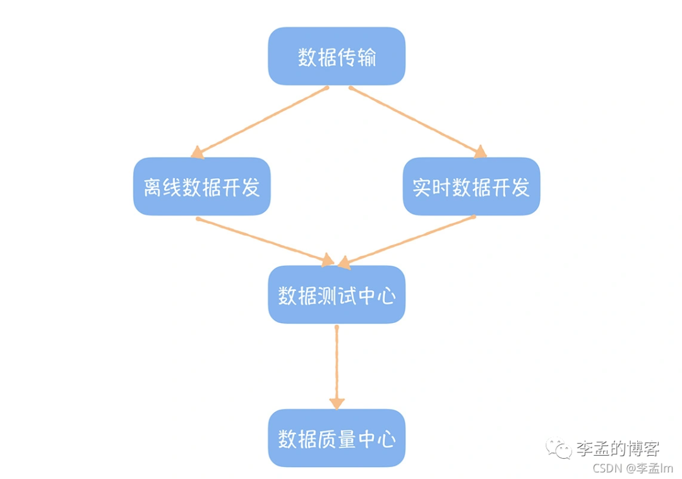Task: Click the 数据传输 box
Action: (337, 57)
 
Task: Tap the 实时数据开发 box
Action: (471, 187)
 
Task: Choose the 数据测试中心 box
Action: (337, 295)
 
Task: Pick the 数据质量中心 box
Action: (337, 439)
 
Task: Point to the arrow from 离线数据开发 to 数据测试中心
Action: (265, 240)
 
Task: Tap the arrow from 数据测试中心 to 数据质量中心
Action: (337, 367)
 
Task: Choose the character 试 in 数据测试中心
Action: (346, 296)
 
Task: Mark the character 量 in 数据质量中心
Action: (346, 439)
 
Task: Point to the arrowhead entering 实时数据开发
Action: (481, 152)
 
